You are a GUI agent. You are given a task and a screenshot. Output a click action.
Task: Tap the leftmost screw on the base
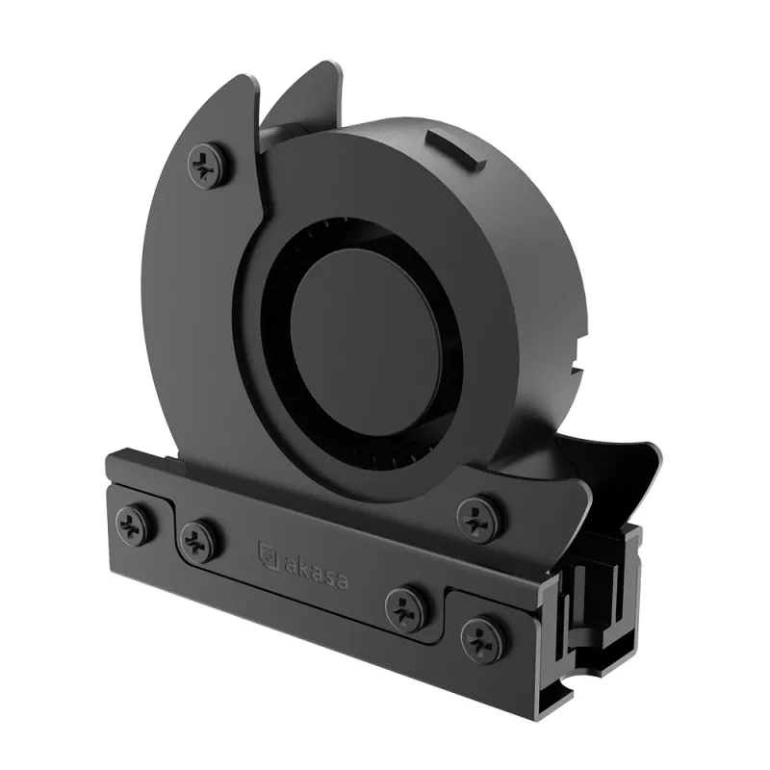click(x=137, y=524)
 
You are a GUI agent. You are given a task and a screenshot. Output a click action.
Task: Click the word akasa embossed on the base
click(x=316, y=571)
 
